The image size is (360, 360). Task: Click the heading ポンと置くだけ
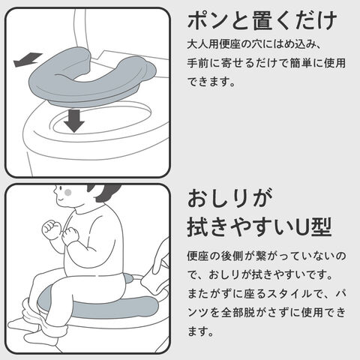click(262, 21)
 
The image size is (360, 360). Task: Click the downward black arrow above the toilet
click(74, 121)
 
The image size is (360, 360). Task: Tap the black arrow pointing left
click(28, 60)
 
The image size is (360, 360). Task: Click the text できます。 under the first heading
click(211, 82)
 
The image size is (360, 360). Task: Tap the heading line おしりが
click(229, 198)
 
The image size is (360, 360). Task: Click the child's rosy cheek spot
click(68, 192)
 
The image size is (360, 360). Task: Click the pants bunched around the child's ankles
click(43, 317)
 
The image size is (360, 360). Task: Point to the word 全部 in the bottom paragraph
click(232, 312)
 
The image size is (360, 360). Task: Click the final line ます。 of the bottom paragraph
click(200, 331)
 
